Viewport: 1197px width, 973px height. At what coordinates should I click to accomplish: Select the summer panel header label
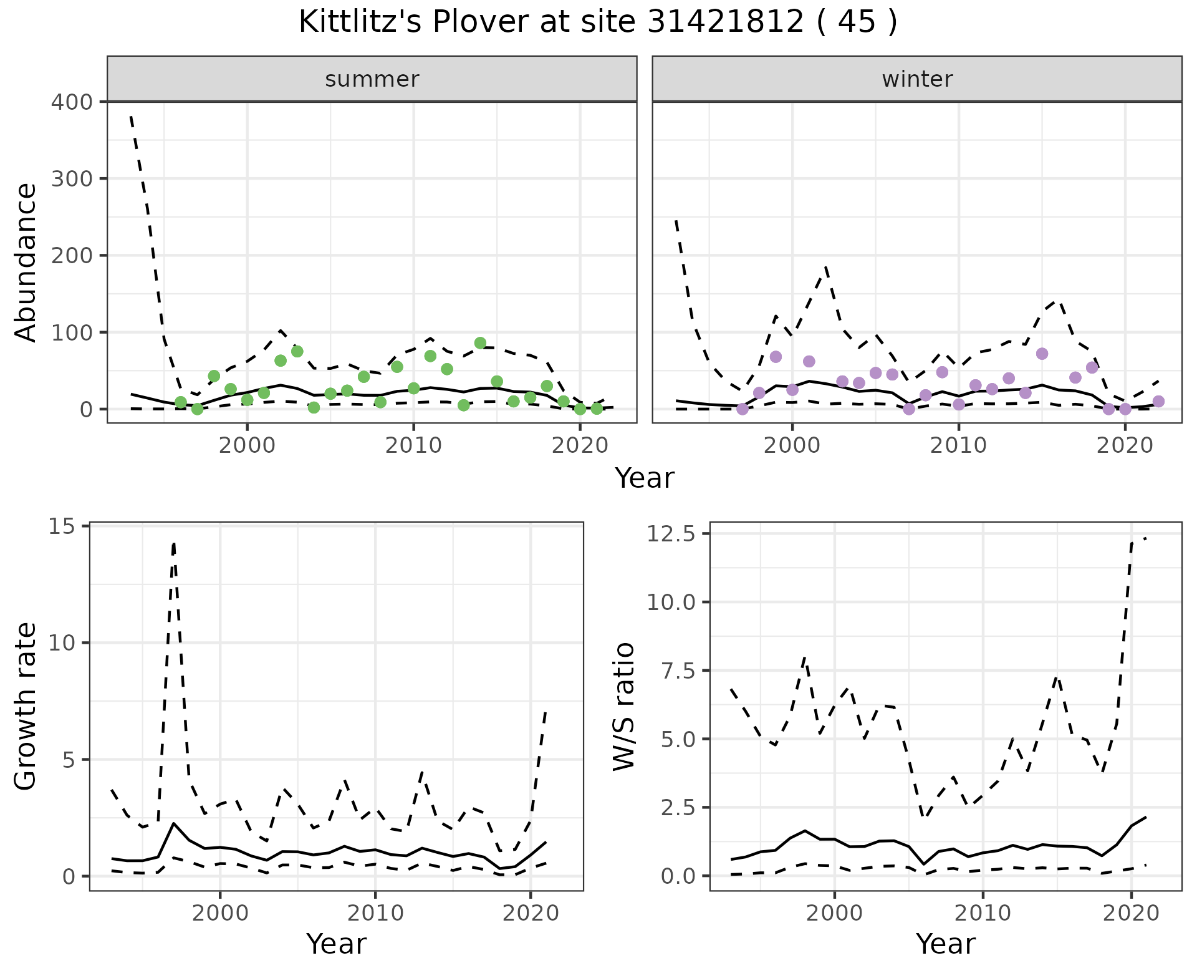coord(372,79)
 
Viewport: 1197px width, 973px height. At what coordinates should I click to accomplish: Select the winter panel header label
coord(917,79)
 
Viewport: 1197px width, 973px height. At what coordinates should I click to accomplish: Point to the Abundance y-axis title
coord(26,263)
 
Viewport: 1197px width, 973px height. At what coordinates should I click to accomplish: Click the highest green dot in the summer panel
coord(480,343)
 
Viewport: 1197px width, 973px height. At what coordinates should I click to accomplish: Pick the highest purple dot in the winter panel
coord(1042,354)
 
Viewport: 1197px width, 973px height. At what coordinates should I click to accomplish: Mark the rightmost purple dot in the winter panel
coord(1158,401)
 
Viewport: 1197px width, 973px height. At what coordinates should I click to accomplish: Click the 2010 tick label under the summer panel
coord(413,445)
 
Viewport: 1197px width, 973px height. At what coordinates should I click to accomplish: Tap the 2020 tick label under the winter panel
coord(1125,445)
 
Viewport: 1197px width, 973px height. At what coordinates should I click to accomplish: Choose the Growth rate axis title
coord(26,707)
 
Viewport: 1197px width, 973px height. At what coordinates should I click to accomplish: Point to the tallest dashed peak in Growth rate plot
coord(174,543)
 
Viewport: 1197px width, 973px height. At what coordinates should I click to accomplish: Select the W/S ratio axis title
coord(623,707)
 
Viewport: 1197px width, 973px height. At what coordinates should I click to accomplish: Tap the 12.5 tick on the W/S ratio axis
coord(671,534)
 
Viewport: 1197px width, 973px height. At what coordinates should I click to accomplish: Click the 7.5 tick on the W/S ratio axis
coord(676,670)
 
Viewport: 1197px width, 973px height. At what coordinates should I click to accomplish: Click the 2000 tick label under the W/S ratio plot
coord(834,913)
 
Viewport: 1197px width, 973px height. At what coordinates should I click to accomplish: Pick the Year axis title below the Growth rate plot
coord(336,944)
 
